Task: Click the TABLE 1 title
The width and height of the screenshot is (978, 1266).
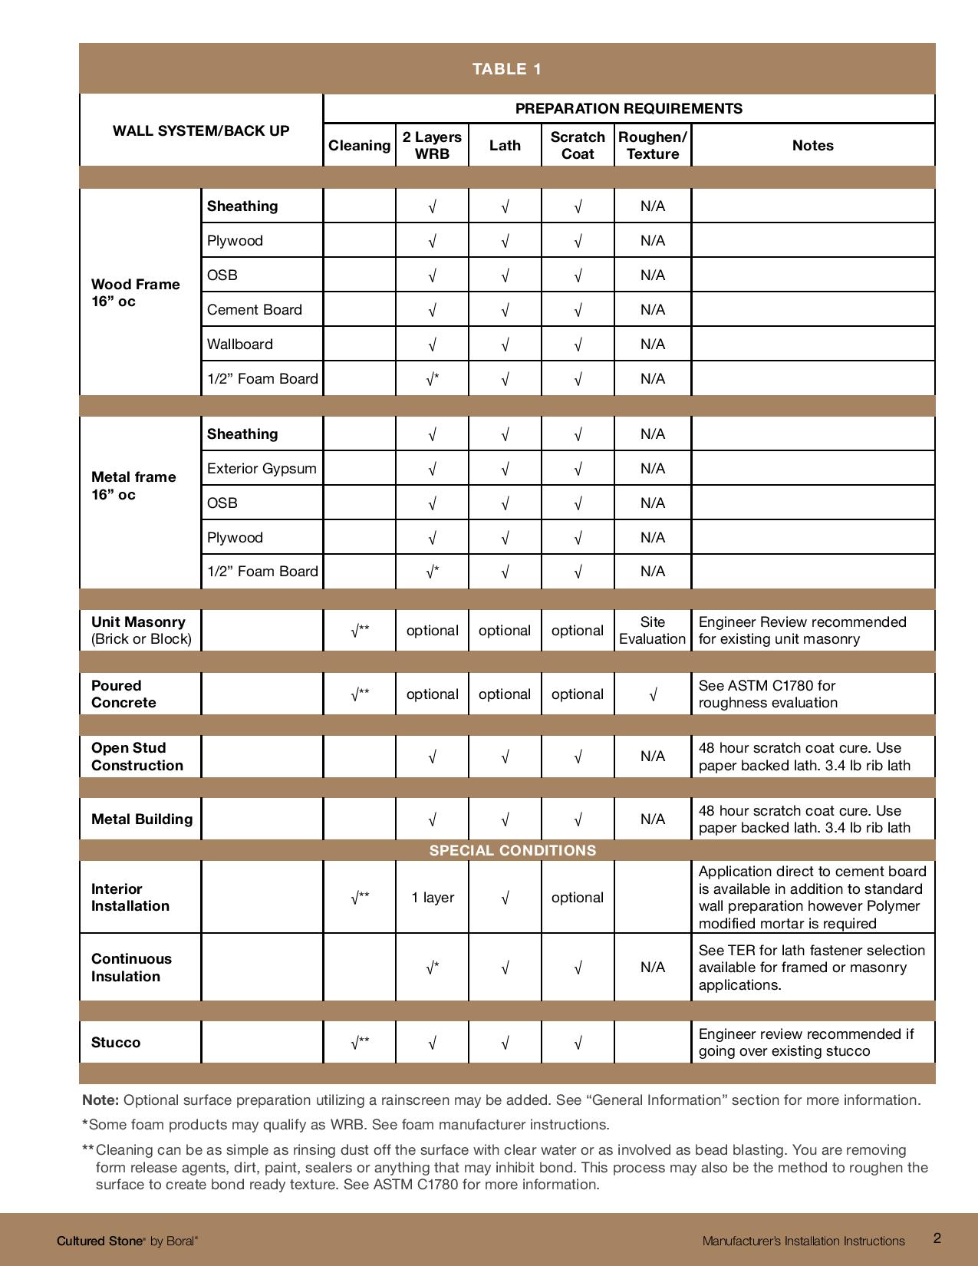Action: pyautogui.click(x=507, y=69)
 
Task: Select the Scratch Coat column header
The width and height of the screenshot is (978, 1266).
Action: pyautogui.click(x=578, y=145)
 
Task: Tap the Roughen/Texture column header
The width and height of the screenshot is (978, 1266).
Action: pyautogui.click(x=652, y=145)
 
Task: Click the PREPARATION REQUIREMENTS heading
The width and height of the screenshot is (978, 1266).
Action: pyautogui.click(x=628, y=108)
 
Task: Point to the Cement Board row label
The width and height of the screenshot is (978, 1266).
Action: pyautogui.click(x=255, y=309)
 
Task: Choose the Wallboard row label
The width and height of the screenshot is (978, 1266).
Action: pyautogui.click(x=240, y=344)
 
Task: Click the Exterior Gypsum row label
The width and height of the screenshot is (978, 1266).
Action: pyautogui.click(x=262, y=468)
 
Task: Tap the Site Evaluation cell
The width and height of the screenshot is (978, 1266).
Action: pyautogui.click(x=652, y=630)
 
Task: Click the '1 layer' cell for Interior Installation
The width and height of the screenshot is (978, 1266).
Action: pyautogui.click(x=433, y=897)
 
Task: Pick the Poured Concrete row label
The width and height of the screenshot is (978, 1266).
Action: pyautogui.click(x=123, y=694)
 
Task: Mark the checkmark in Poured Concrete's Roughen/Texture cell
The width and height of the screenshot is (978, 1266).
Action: pyautogui.click(x=652, y=694)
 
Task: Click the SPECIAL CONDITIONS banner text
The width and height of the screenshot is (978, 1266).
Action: pyautogui.click(x=512, y=850)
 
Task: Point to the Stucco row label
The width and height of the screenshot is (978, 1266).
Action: pyautogui.click(x=116, y=1042)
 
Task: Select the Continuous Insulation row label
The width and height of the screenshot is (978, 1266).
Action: pyautogui.click(x=131, y=967)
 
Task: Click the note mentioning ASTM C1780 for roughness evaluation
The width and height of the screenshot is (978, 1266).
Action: pyautogui.click(x=768, y=694)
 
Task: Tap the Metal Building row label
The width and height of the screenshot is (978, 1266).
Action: pyautogui.click(x=142, y=819)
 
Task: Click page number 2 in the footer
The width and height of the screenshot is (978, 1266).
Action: pyautogui.click(x=937, y=1238)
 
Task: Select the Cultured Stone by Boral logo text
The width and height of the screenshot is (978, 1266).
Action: pyautogui.click(x=127, y=1241)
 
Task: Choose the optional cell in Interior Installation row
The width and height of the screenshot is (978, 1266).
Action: pyautogui.click(x=577, y=897)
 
